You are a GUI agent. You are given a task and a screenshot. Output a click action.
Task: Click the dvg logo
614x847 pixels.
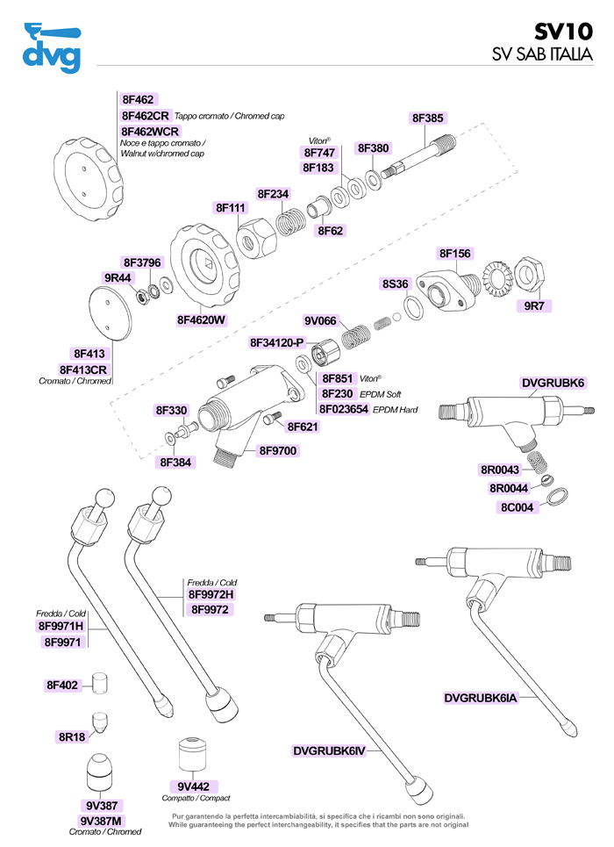(51, 50)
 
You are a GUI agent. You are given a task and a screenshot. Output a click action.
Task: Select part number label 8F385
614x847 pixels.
(428, 118)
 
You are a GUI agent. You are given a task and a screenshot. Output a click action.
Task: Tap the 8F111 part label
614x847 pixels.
(232, 208)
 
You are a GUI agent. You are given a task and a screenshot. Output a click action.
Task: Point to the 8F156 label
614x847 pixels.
(454, 254)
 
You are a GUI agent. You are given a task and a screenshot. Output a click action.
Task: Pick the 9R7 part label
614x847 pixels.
(535, 306)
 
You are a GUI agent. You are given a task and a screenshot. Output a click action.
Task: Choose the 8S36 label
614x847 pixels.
(396, 284)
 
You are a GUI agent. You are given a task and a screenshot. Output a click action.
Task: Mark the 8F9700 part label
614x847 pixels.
(278, 451)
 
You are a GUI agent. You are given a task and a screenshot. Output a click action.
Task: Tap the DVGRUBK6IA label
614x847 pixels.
(481, 699)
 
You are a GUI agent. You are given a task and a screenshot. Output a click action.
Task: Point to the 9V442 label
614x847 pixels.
(193, 786)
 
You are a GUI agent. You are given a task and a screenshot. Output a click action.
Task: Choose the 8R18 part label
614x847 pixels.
(72, 737)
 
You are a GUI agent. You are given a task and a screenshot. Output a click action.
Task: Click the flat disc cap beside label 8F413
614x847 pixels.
(114, 312)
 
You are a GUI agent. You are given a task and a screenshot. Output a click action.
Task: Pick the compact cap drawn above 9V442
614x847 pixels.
(191, 754)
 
